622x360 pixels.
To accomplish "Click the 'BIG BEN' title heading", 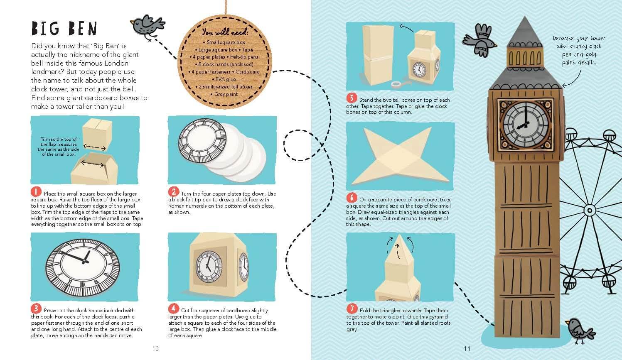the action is pyautogui.click(x=64, y=28).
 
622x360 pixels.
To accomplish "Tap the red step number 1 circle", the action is pyautogui.click(x=36, y=191).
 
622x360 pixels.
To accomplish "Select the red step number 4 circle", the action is pyautogui.click(x=173, y=308).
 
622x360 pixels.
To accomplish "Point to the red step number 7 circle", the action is pyautogui.click(x=352, y=309).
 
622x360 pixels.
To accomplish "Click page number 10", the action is pyautogui.click(x=155, y=349).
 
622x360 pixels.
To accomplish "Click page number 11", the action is pyautogui.click(x=467, y=349).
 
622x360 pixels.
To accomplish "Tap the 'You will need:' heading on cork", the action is pyautogui.click(x=225, y=32).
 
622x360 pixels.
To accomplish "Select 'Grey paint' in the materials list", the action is pyautogui.click(x=226, y=94).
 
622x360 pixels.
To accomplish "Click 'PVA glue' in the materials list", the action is pyautogui.click(x=226, y=79).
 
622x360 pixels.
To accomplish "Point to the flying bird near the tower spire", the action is pyautogui.click(x=479, y=41).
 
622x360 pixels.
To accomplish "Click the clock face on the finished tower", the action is pyautogui.click(x=526, y=125).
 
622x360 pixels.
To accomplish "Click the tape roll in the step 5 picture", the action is pyautogui.click(x=396, y=84).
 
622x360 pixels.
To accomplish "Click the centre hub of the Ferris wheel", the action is pyautogui.click(x=589, y=211).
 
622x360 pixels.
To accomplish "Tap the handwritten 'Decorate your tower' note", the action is pyautogui.click(x=579, y=50).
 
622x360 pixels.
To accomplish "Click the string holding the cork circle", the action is pyautogui.click(x=226, y=7).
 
